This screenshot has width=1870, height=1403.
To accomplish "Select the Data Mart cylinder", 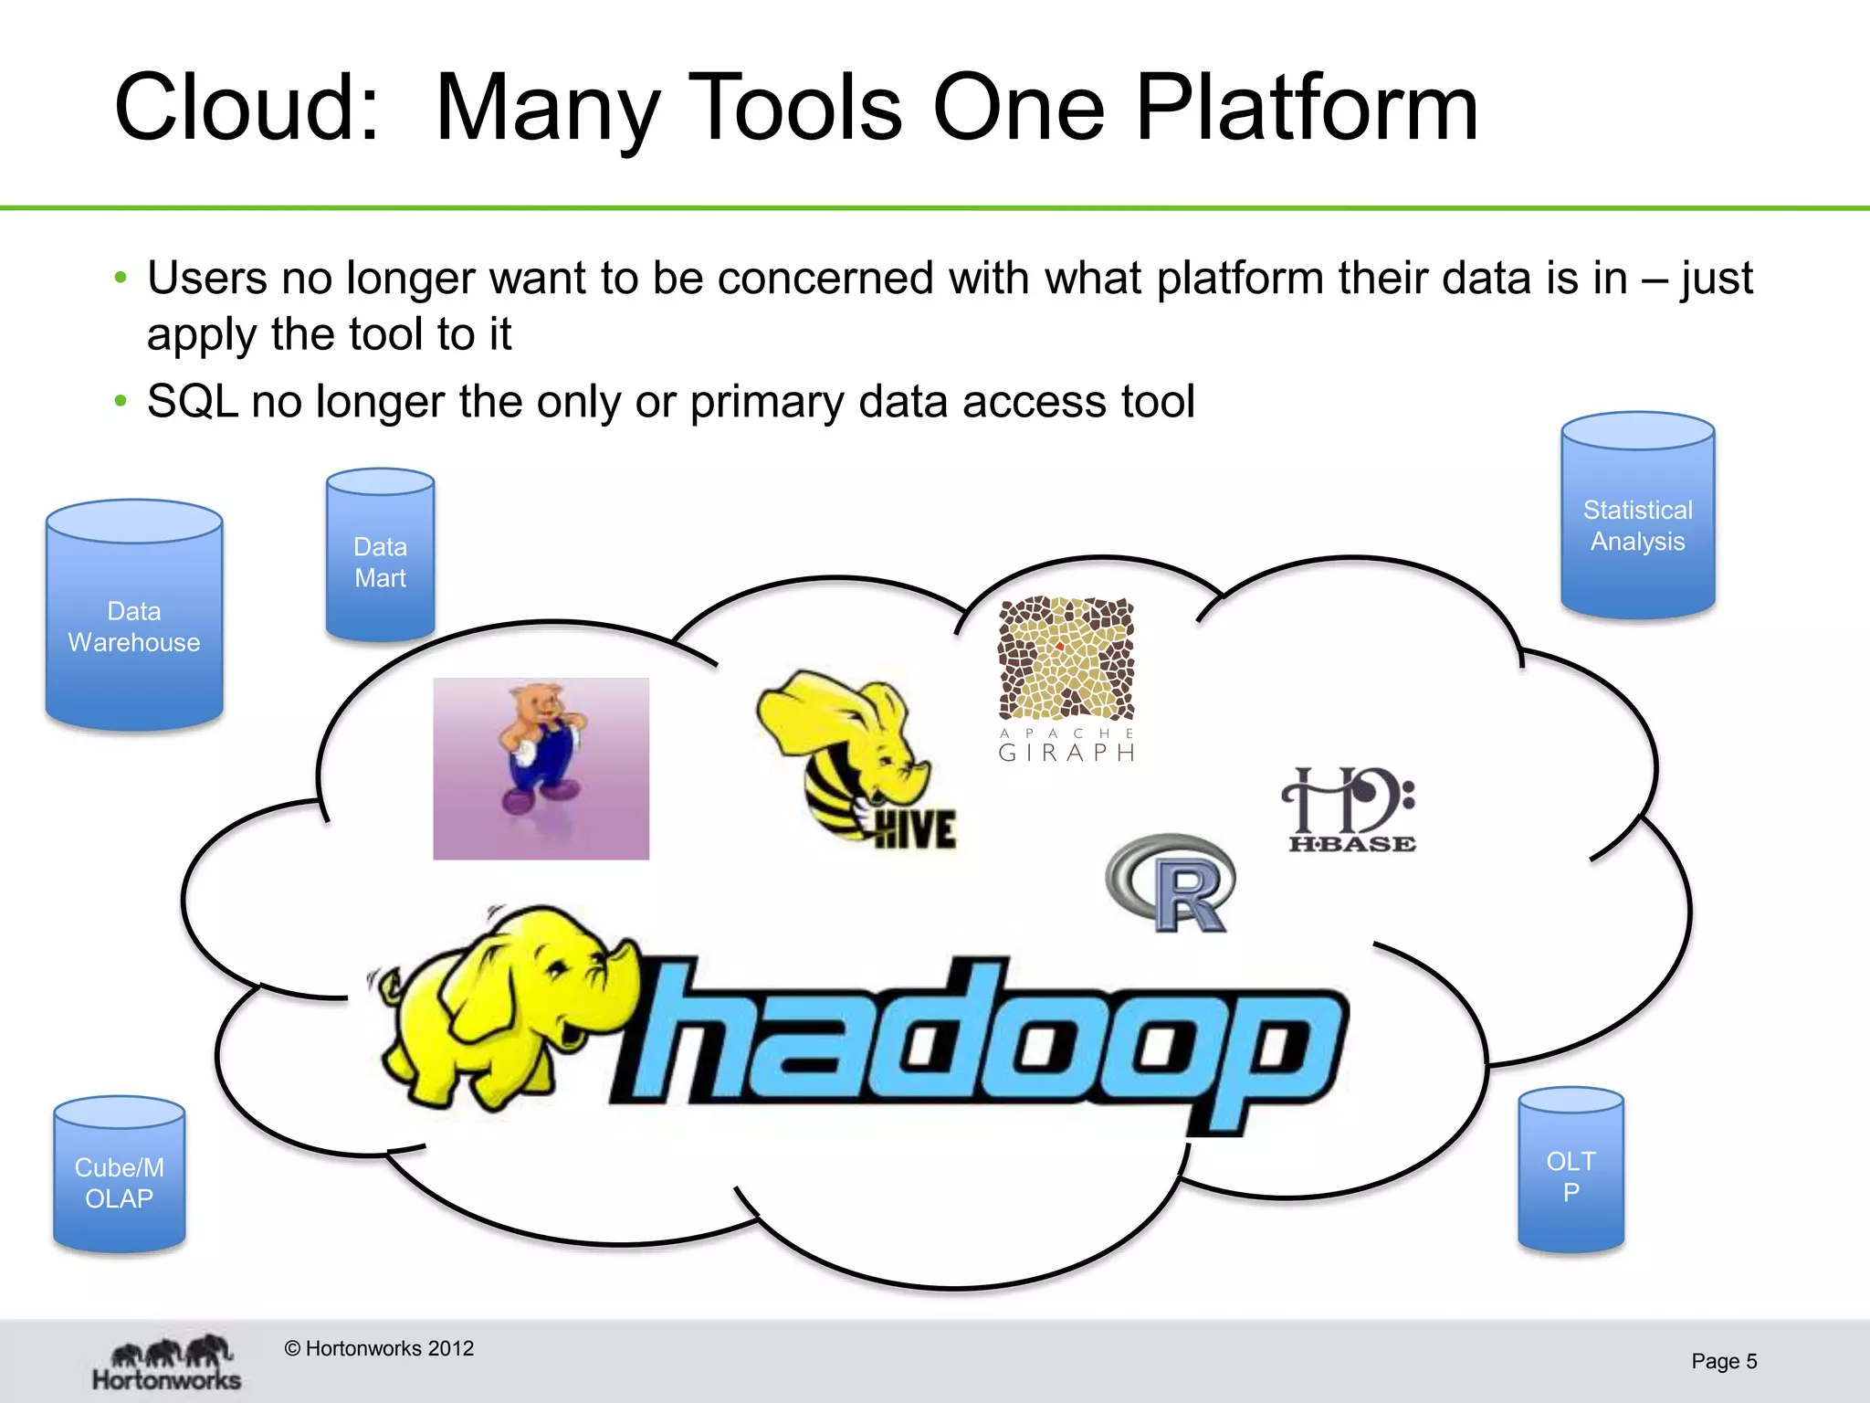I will pyautogui.click(x=380, y=557).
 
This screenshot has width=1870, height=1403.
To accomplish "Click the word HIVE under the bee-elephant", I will pyautogui.click(x=915, y=829).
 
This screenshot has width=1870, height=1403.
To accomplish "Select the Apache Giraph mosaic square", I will pyautogui.click(x=1066, y=658).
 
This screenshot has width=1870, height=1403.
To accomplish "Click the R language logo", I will pyautogui.click(x=1173, y=883).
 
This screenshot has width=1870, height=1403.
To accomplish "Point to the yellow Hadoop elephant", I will pyautogui.click(x=502, y=1005).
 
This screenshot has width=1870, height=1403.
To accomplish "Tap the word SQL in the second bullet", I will pyautogui.click(x=193, y=401).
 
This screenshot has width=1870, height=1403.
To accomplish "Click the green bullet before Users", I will pyautogui.click(x=121, y=278).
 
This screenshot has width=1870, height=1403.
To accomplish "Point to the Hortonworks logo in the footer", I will pyautogui.click(x=167, y=1363).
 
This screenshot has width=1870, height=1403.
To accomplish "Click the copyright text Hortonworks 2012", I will pyautogui.click(x=380, y=1348).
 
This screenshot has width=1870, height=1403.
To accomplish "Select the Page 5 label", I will pyautogui.click(x=1723, y=1361).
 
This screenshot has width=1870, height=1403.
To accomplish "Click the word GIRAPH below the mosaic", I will pyautogui.click(x=1066, y=753).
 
